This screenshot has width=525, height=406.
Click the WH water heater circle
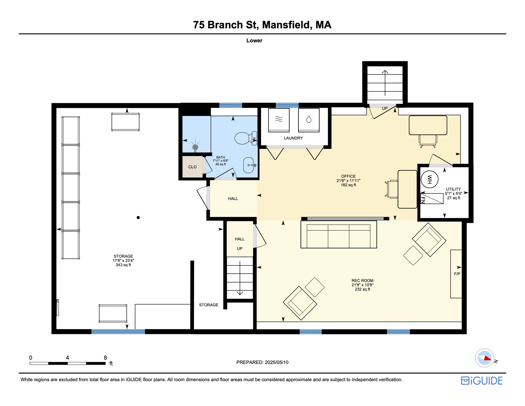tap(429, 179)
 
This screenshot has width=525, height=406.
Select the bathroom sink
tap(249, 165)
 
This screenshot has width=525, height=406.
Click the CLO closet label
tap(192, 167)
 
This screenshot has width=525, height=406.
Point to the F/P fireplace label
tap(457, 274)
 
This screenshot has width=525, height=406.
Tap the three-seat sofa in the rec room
tap(339, 235)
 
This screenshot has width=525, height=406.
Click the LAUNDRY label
tap(293, 138)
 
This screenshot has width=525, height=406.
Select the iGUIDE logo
tap(482, 381)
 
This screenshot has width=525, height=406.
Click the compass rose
tap(484, 358)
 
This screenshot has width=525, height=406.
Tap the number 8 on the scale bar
tap(105, 358)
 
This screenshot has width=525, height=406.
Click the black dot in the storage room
tap(138, 218)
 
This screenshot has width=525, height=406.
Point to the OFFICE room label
tap(348, 176)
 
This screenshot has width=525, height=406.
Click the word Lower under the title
tap(254, 40)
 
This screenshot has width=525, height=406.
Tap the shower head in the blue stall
tap(195, 147)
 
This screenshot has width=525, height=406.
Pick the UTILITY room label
tap(453, 189)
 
